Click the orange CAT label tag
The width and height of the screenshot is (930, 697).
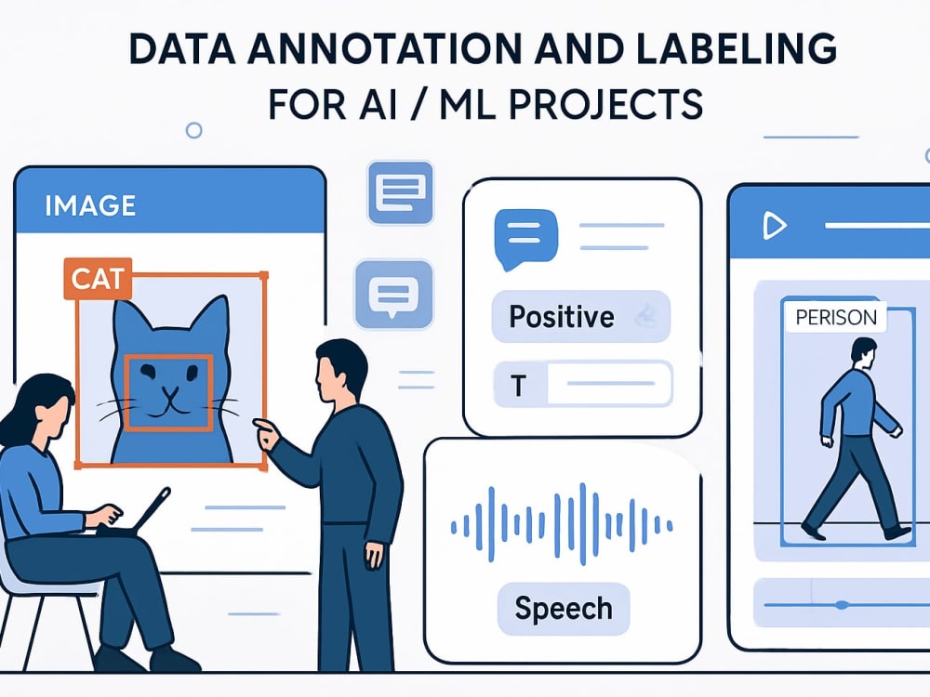pyautogui.click(x=98, y=278)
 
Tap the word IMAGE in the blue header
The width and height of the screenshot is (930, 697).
pyautogui.click(x=90, y=205)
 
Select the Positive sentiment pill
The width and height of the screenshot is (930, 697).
pyautogui.click(x=581, y=317)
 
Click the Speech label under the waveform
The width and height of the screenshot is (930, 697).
pyautogui.click(x=564, y=609)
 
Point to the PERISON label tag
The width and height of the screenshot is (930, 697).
pyautogui.click(x=836, y=317)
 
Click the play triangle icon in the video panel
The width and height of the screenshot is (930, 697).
pyautogui.click(x=774, y=226)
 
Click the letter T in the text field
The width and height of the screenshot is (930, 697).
pyautogui.click(x=519, y=386)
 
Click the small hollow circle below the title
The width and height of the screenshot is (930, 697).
pyautogui.click(x=194, y=130)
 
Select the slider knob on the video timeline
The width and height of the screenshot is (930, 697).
pyautogui.click(x=841, y=605)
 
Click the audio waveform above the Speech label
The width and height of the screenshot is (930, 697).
pyautogui.click(x=562, y=523)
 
